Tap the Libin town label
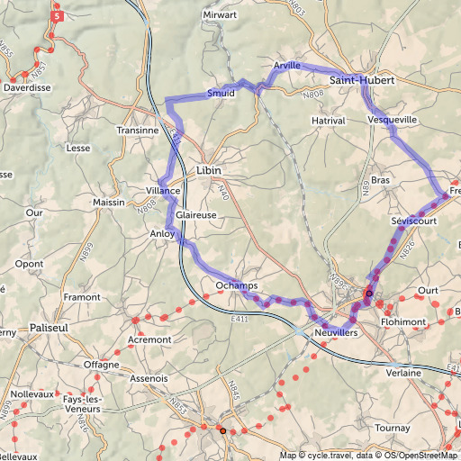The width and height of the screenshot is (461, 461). click(208, 170)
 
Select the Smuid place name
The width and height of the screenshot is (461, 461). click(221, 93)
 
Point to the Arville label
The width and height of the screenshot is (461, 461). click(287, 66)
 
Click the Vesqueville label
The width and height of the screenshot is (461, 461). click(393, 119)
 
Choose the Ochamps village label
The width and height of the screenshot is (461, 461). click(237, 286)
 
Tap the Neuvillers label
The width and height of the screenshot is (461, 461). click(336, 333)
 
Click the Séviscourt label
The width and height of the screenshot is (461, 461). click(414, 221)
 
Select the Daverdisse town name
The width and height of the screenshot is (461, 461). click(27, 88)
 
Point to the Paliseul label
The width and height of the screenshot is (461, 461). click(49, 328)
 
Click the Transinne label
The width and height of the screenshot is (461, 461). click(138, 131)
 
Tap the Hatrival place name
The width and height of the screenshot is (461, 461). click(328, 120)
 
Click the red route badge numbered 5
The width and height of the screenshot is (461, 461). click(58, 15)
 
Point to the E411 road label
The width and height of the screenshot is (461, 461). click(239, 319)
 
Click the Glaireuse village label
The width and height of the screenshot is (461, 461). click(196, 216)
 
